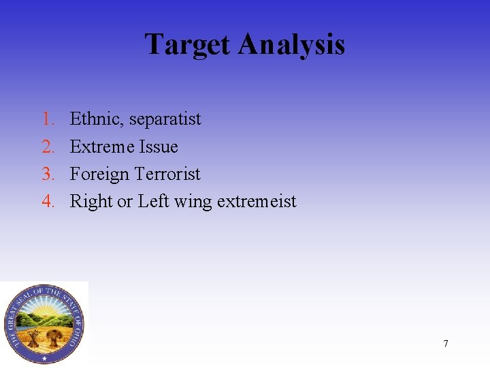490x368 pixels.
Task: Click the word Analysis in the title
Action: [x=292, y=45]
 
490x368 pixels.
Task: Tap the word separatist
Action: [x=165, y=119]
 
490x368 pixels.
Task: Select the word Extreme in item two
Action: [x=102, y=147]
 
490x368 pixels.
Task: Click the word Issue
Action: [x=159, y=147]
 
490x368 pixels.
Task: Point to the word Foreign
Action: [x=99, y=174]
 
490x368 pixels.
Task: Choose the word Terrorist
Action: [x=167, y=174]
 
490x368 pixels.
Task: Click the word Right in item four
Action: [x=91, y=201]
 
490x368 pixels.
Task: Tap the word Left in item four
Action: [x=153, y=201]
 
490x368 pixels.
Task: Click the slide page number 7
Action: [x=446, y=343]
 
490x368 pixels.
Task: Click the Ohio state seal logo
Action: [x=44, y=324]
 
